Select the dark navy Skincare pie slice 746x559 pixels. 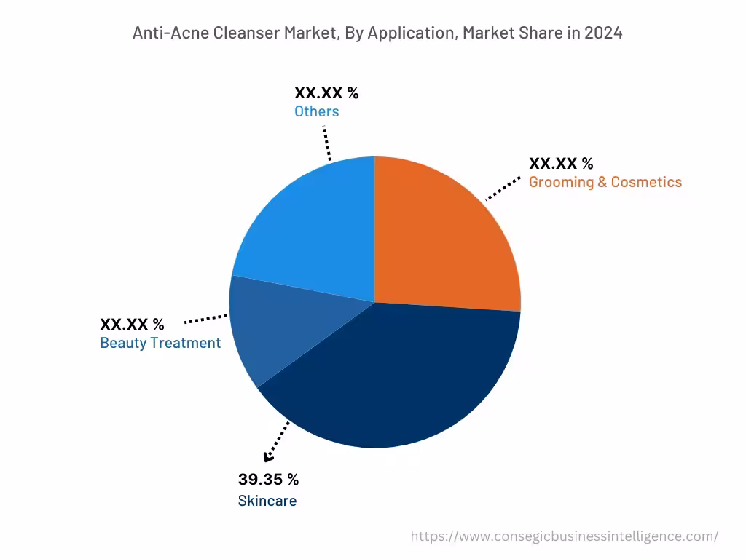[x=393, y=378]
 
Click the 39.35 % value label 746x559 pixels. [x=268, y=479]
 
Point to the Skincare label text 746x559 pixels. [x=267, y=501]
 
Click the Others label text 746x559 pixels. [x=316, y=111]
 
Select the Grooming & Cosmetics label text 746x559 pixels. [x=605, y=182]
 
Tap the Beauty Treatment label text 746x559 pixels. [x=160, y=343]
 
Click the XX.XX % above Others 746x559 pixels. [x=326, y=92]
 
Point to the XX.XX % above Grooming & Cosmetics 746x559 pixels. [x=561, y=163]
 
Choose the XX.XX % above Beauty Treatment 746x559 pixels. [x=132, y=324]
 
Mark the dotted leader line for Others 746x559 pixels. [x=326, y=143]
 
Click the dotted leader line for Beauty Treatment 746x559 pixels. [x=206, y=319]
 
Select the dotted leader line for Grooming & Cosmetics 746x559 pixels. [x=503, y=188]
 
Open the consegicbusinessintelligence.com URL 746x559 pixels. [x=564, y=536]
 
